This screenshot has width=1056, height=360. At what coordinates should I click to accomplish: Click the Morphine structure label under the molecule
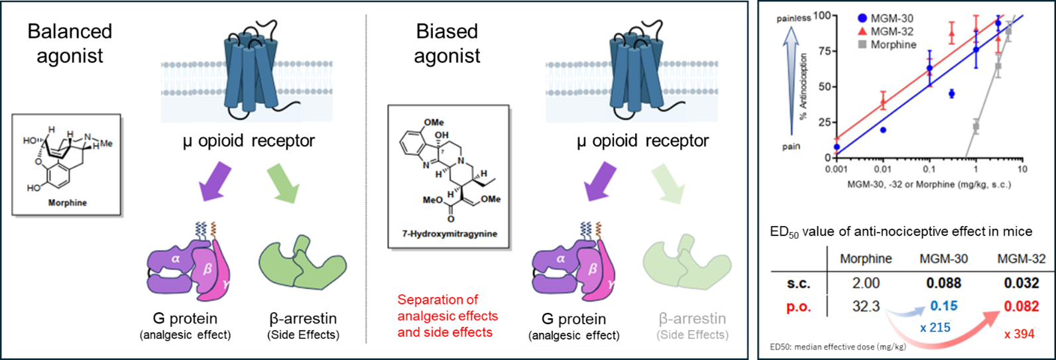point(68,203)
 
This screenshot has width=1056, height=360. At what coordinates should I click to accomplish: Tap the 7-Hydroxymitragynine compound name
point(449,234)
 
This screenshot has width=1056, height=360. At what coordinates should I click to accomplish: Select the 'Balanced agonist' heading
point(70,43)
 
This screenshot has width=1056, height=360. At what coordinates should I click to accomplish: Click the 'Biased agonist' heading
point(447,43)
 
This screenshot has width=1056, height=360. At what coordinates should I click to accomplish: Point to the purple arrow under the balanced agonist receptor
point(215,182)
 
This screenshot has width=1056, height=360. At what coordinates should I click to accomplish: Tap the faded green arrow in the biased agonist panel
point(668,184)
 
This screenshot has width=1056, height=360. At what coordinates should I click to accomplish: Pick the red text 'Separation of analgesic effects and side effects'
point(447,316)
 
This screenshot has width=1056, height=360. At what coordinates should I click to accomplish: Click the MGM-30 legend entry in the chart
point(886,19)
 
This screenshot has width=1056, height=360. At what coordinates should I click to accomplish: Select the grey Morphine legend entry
point(887,45)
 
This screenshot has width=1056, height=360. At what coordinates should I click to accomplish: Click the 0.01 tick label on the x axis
point(883,169)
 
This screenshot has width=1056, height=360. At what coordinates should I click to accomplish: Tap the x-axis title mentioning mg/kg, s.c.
point(929,184)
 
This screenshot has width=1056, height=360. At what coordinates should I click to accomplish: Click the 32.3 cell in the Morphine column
point(866,307)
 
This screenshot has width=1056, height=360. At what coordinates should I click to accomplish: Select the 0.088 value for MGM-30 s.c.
point(944,283)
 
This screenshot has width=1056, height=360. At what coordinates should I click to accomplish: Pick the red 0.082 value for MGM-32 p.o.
point(1021,307)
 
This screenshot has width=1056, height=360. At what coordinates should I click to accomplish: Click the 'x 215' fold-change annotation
point(935,328)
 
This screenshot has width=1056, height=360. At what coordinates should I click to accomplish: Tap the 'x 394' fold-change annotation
point(1020,334)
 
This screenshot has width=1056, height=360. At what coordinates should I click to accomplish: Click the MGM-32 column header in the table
point(1022,259)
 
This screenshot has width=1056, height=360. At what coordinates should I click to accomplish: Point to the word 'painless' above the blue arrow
point(794,19)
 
